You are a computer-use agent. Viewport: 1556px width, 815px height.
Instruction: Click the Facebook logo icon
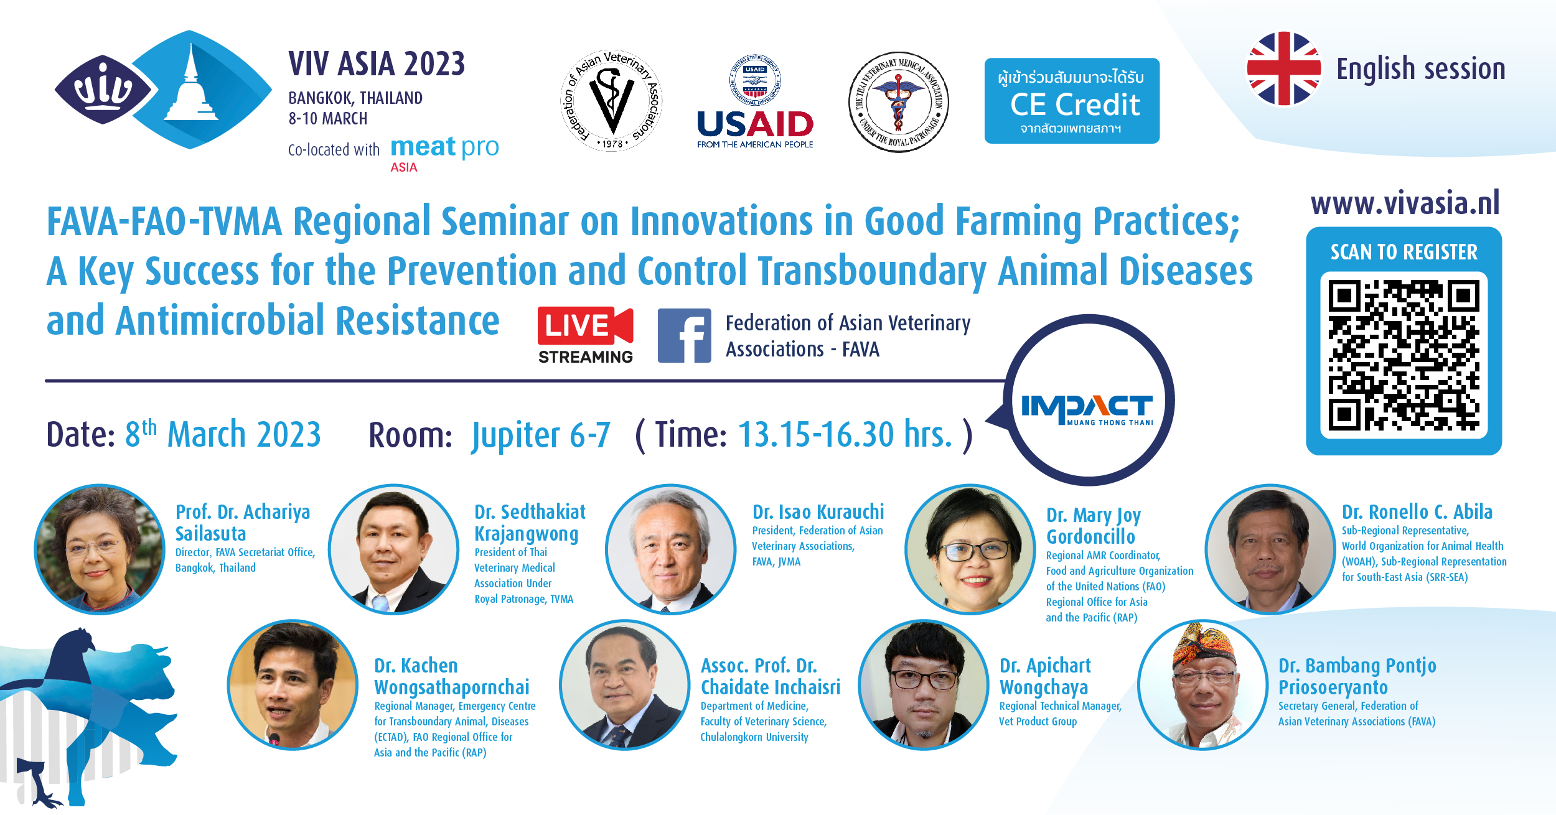point(684,335)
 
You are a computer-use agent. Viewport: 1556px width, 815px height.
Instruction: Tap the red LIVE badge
point(585,325)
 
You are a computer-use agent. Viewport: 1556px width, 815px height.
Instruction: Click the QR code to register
point(1404,355)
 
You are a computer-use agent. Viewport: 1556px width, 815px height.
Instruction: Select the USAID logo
point(755,103)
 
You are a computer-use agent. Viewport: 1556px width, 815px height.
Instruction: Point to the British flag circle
point(1283,68)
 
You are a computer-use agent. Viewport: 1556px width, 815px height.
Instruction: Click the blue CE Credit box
point(1072,101)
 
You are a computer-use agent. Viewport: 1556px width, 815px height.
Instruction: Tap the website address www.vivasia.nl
point(1405,203)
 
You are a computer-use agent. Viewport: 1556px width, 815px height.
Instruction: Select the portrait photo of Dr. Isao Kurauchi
point(671,549)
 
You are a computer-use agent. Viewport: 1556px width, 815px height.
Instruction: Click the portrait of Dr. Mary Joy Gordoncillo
point(970,549)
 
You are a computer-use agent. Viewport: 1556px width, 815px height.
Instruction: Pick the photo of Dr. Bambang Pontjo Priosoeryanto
point(1202,684)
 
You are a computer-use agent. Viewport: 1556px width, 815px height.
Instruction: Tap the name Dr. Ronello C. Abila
point(1417,512)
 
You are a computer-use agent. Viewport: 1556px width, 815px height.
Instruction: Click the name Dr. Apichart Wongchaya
point(1045,676)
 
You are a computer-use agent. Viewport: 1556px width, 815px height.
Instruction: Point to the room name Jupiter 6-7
point(541,434)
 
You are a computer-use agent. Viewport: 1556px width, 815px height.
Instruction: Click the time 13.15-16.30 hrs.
point(845,434)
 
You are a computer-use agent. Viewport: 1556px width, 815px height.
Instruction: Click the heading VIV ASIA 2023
point(377,64)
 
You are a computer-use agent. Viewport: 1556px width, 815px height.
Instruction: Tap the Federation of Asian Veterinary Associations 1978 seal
point(611,101)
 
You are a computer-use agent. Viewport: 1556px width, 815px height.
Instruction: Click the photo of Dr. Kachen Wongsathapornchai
point(293,684)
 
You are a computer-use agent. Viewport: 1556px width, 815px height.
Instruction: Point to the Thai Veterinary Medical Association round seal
point(899,102)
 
